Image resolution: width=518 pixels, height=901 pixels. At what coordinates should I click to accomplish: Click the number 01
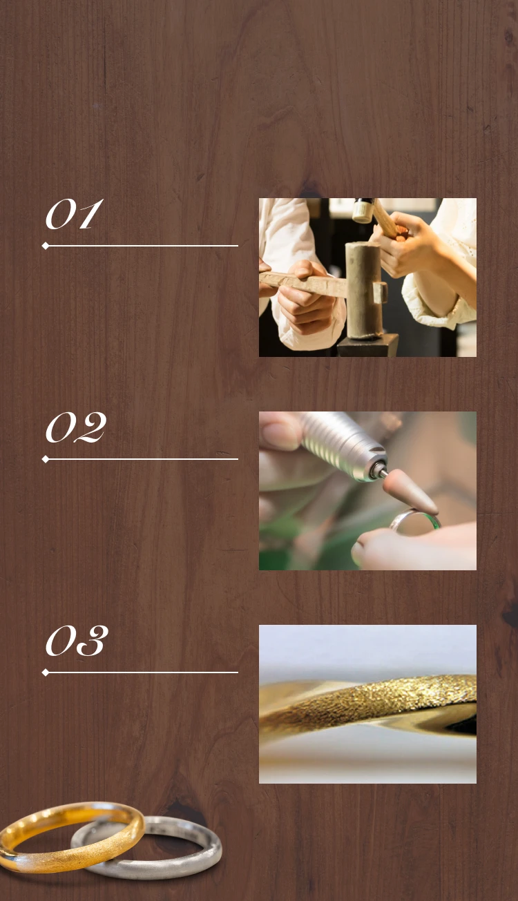[74, 215]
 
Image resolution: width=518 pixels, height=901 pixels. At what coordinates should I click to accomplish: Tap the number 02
[76, 427]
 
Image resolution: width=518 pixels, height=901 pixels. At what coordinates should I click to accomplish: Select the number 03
[77, 641]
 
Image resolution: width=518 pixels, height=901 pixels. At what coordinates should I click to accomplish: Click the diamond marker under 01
[46, 245]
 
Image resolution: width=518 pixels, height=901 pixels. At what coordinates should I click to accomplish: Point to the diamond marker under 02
[46, 459]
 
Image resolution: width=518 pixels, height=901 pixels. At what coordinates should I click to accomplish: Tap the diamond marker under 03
[46, 672]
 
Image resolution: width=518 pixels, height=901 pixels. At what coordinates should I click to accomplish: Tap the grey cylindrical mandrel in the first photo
[364, 289]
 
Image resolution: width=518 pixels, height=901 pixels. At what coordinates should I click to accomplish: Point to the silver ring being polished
[414, 519]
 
